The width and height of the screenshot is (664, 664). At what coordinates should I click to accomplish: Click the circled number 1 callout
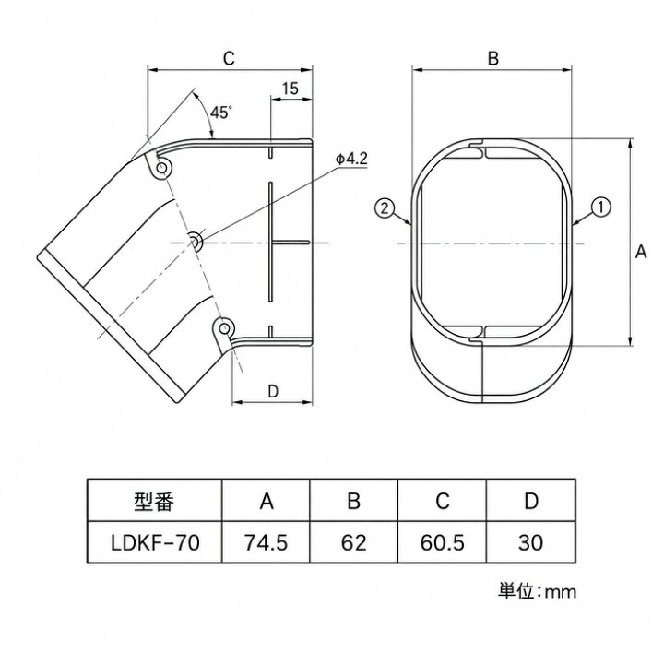601,207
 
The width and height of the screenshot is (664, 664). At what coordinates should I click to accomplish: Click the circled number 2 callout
385,208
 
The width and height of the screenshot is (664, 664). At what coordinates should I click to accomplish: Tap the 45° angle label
221,113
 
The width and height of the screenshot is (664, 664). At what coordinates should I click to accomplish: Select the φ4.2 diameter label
351,159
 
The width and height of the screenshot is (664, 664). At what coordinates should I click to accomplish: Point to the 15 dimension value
290,89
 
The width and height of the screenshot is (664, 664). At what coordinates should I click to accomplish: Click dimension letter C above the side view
229,58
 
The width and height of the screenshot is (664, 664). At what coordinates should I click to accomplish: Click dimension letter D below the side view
273,391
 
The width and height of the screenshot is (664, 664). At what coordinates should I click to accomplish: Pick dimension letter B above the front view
492,58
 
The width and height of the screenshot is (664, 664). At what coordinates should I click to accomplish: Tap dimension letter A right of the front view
641,252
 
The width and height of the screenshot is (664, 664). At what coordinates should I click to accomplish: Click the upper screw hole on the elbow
161,168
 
